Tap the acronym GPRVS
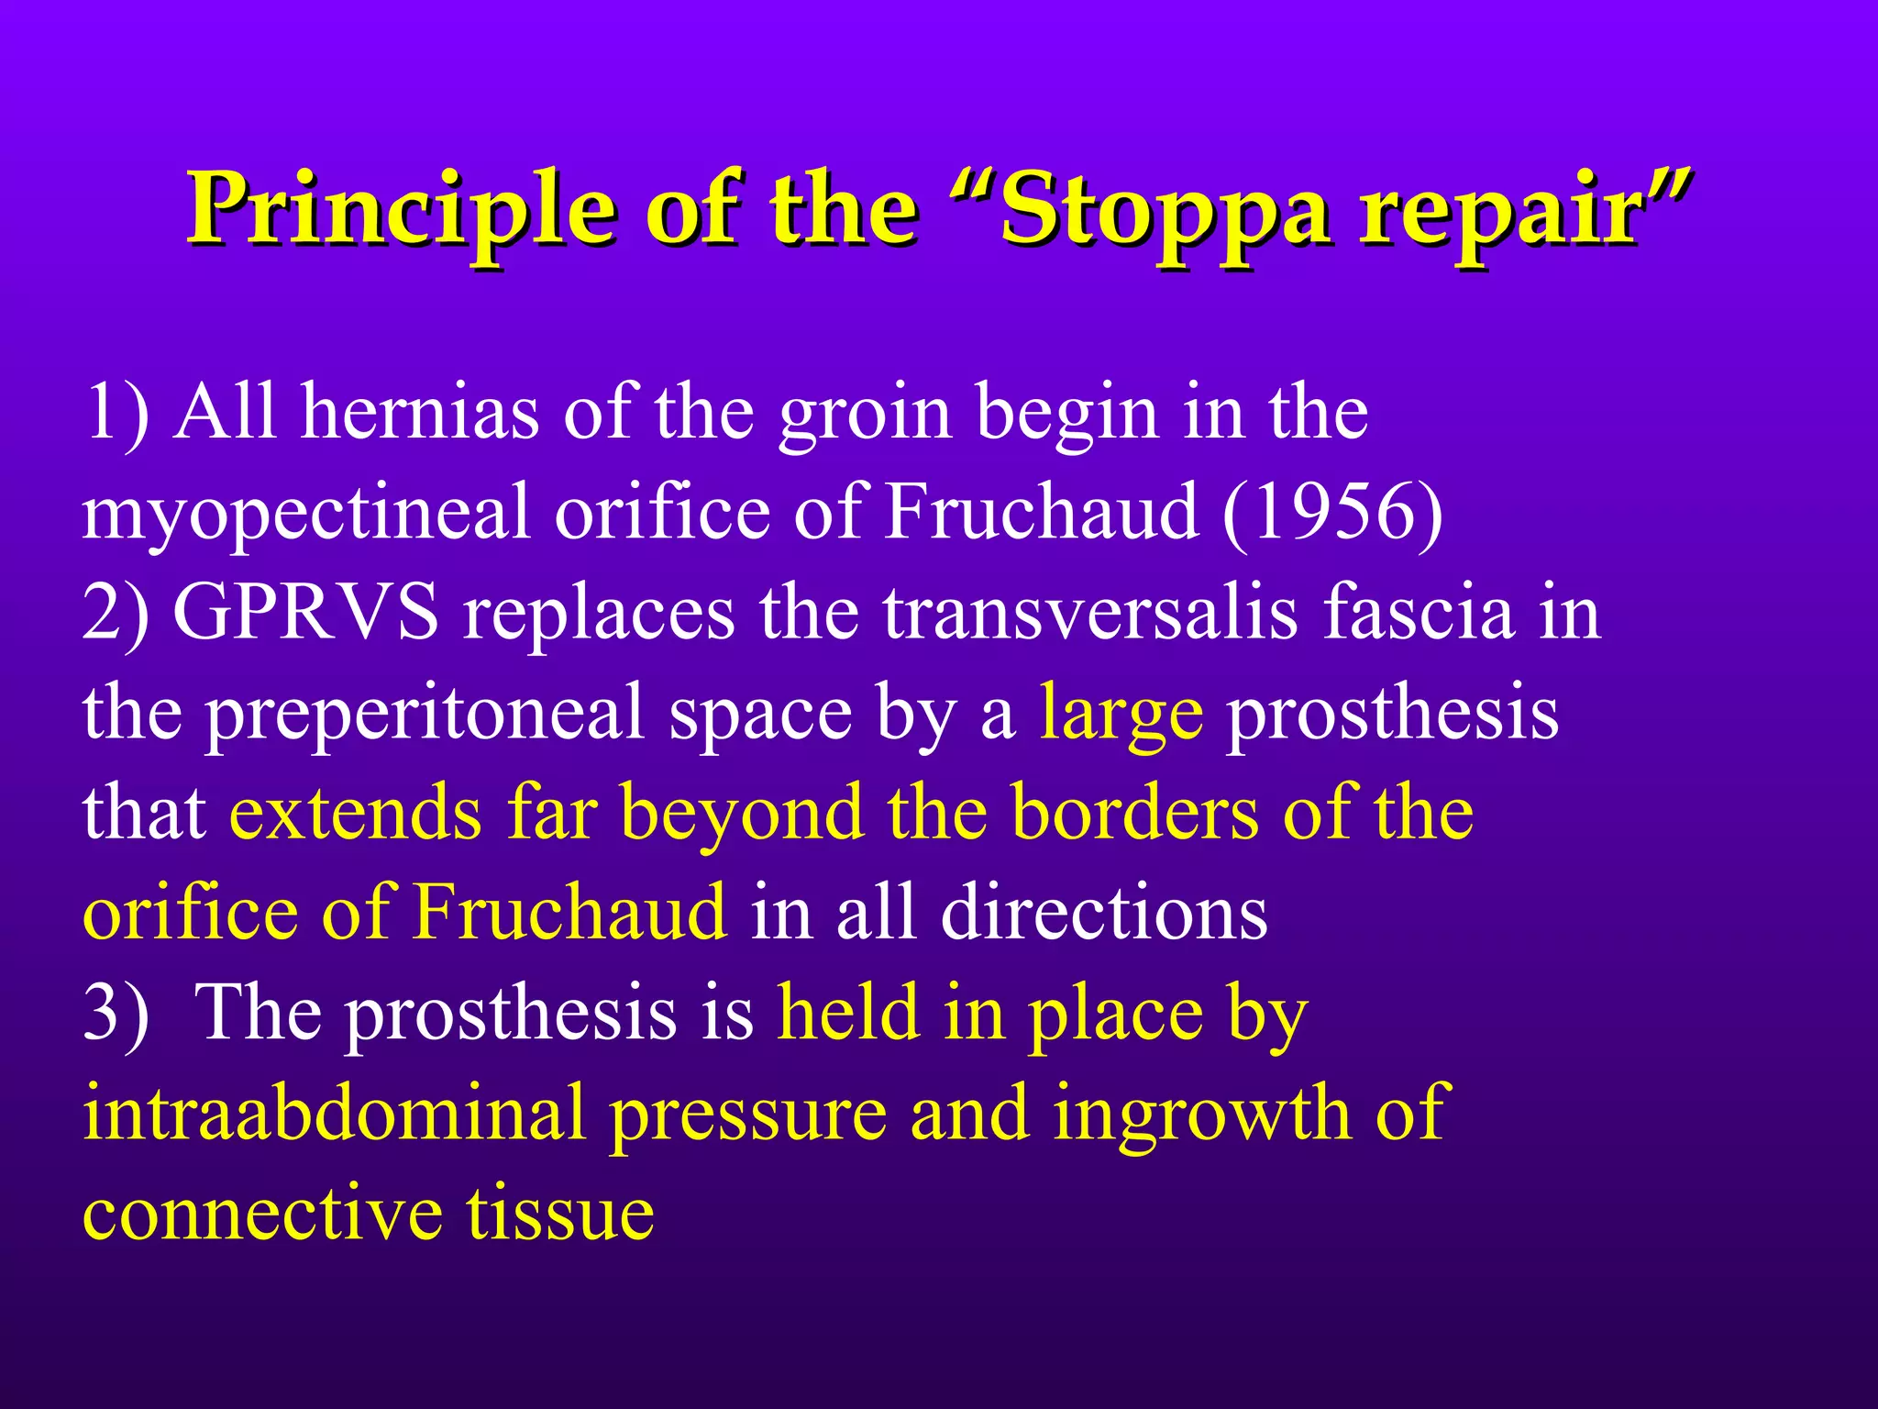(306, 613)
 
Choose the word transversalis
(1090, 613)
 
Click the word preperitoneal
(425, 714)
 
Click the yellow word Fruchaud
(569, 912)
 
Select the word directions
(1104, 912)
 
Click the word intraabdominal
(334, 1112)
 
